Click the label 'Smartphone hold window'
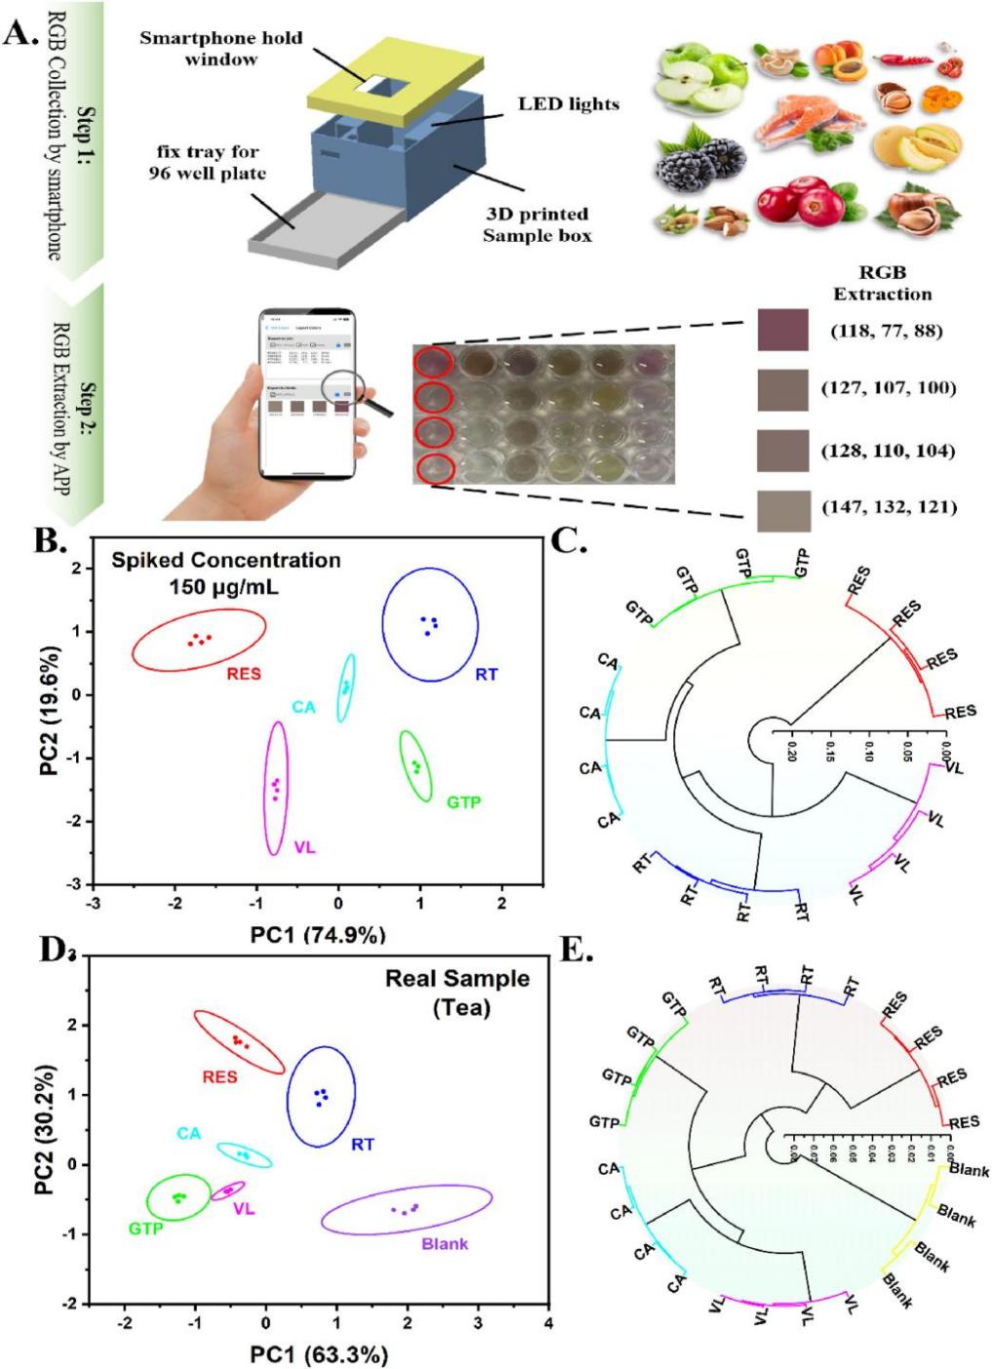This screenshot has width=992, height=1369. pos(220,49)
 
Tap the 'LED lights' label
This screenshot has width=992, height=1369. pos(568,103)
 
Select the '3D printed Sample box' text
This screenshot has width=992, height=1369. pos(536,224)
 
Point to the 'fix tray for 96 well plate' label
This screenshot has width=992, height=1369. pos(207,163)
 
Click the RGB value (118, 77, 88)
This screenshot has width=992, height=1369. pos(887,331)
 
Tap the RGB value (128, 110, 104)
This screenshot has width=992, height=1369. pos(888,450)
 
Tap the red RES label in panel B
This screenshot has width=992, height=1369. pos(244,674)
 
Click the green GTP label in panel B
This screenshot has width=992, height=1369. pos(463,802)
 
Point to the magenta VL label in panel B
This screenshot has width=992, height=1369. pos(304,847)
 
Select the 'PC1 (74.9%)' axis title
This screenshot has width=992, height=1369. pos(317,935)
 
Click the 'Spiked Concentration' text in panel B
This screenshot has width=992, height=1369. pos(225,561)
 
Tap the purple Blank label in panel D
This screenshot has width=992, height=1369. pos(444,1244)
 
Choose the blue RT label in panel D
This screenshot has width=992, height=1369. pos(362,1144)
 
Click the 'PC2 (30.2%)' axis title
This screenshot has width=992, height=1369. pos(44,1129)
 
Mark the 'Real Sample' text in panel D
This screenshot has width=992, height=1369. pos(457,979)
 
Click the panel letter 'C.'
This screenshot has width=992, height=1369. pos(569,542)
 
